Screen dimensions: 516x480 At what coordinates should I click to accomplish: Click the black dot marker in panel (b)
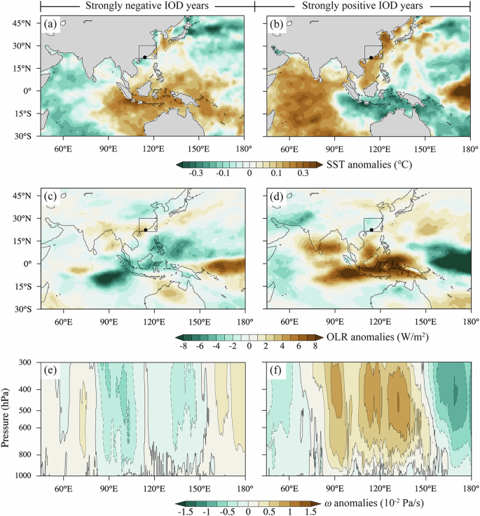click(371, 57)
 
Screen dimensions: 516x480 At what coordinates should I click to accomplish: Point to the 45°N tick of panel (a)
click(23, 23)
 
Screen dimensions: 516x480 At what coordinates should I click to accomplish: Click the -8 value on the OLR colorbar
click(184, 347)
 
